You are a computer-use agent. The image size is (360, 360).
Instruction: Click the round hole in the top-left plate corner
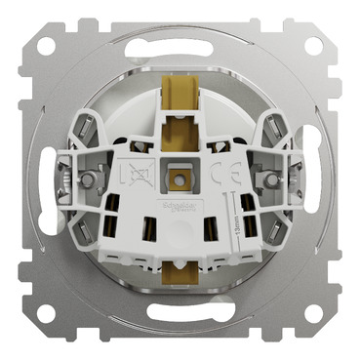point(46,46)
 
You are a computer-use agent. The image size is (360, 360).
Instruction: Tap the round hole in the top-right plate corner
point(313,46)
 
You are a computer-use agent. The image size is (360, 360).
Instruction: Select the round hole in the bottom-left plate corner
point(46,313)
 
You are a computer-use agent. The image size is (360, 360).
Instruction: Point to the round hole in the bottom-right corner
point(313,313)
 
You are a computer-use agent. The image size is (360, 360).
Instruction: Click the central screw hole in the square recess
point(180,180)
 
